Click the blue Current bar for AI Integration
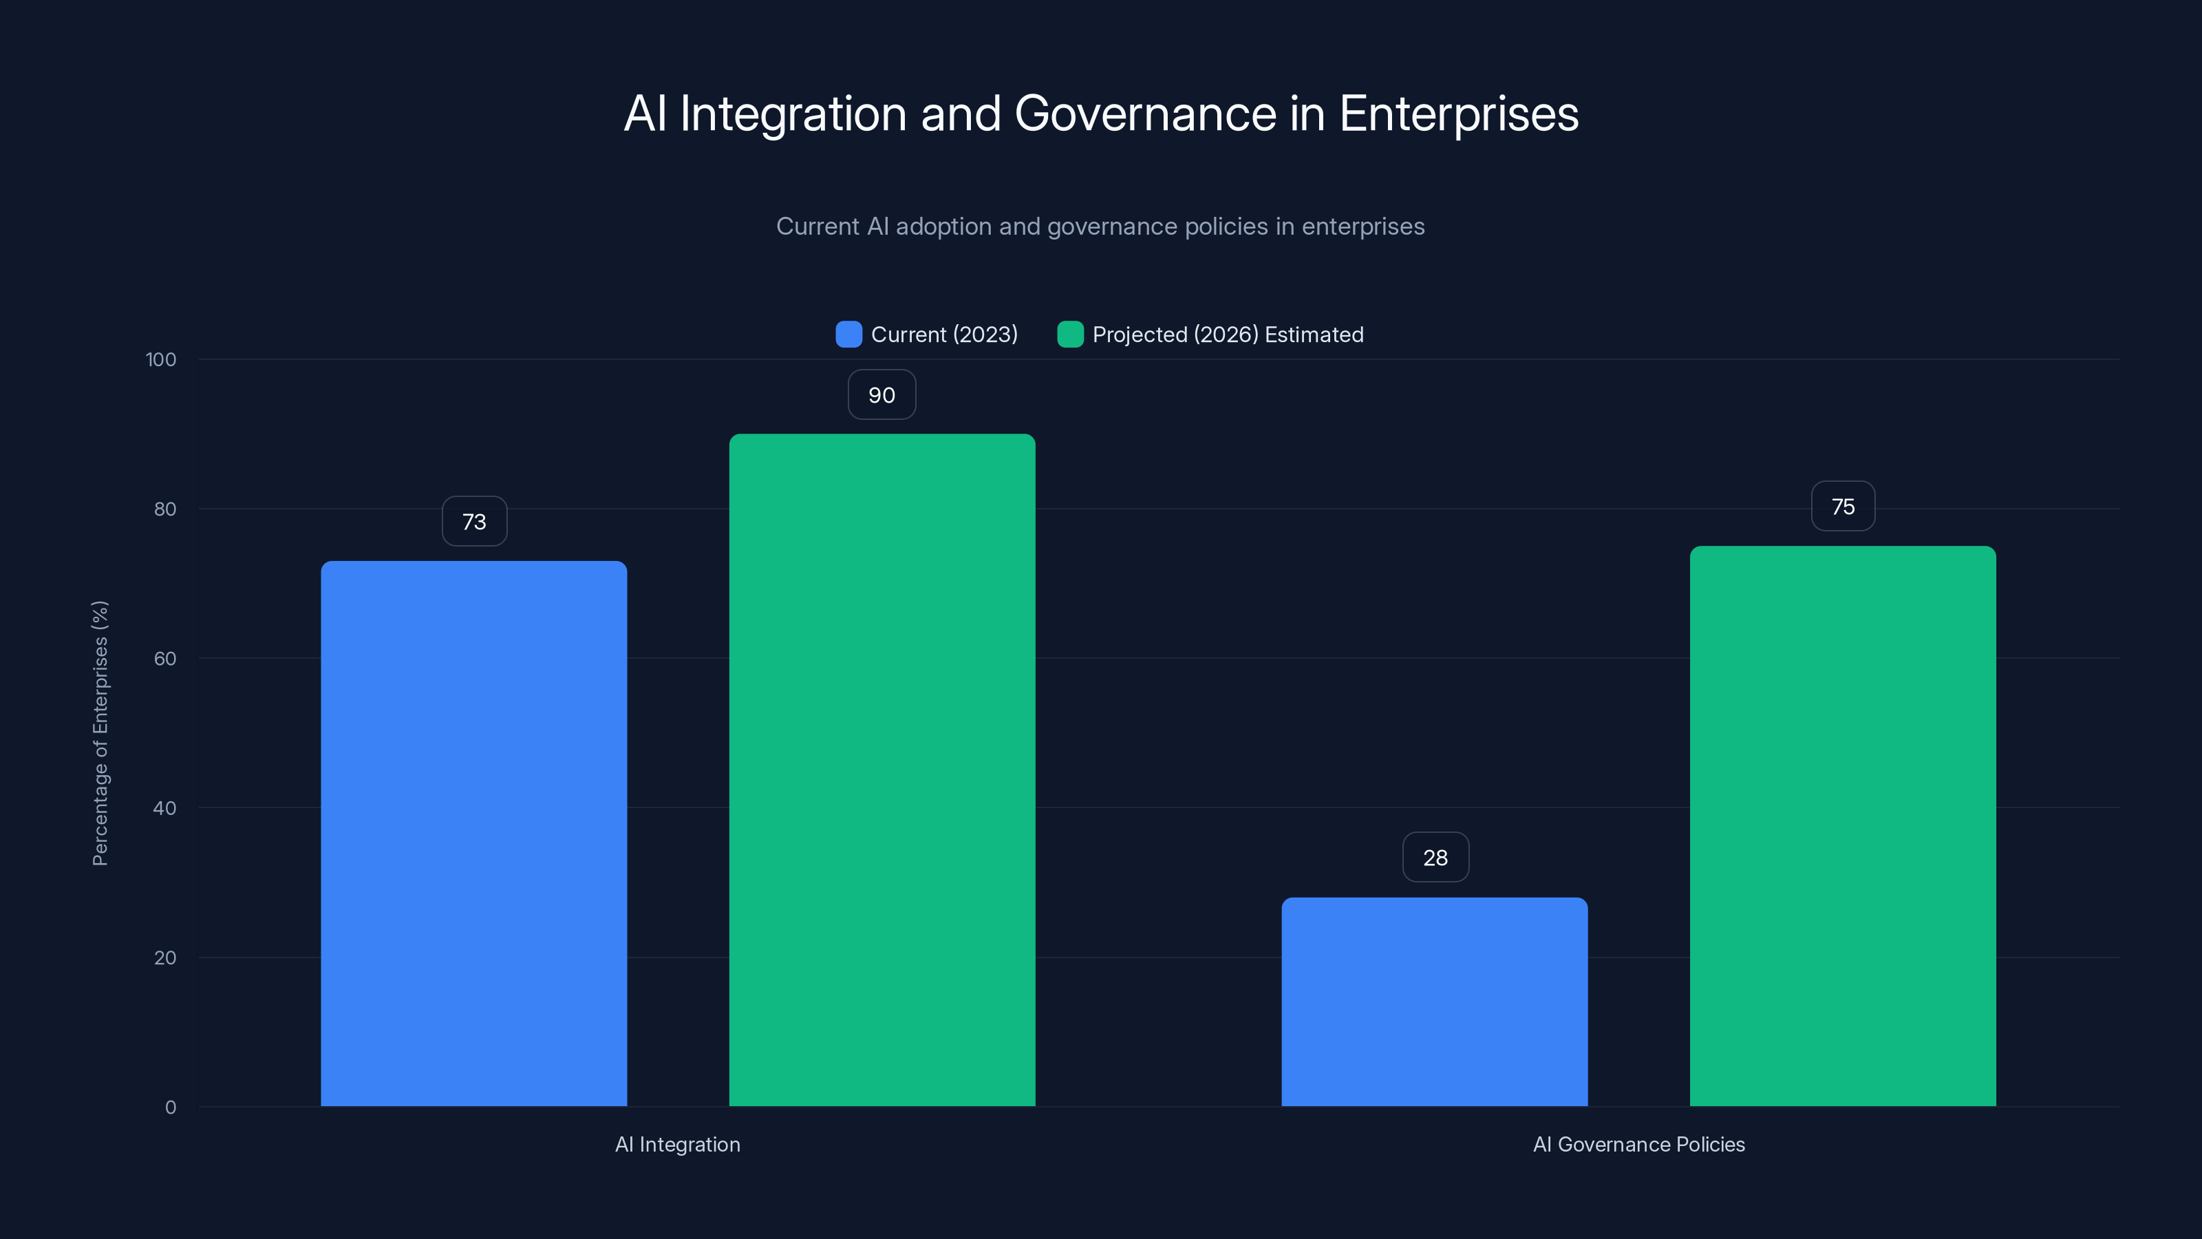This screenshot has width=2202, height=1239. [x=473, y=834]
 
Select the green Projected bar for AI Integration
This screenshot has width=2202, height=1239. [x=881, y=770]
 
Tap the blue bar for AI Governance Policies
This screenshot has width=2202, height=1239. [x=1434, y=1002]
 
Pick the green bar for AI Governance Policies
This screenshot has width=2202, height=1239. [x=1842, y=825]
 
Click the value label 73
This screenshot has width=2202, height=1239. [x=474, y=522]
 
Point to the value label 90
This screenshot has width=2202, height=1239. [x=881, y=395]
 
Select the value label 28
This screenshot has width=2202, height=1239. [x=1435, y=858]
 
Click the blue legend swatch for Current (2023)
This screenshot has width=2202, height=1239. [x=848, y=335]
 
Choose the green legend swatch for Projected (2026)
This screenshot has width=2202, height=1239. [x=1069, y=335]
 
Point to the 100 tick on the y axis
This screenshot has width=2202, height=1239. [x=161, y=359]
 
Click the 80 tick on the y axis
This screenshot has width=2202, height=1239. [x=164, y=509]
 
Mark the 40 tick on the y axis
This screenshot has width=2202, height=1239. [x=164, y=808]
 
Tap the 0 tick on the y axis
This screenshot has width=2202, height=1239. [x=170, y=1108]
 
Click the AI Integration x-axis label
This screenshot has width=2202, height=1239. [x=678, y=1144]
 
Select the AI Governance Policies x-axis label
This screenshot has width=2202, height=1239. [x=1638, y=1144]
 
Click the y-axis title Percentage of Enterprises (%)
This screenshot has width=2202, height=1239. [x=100, y=733]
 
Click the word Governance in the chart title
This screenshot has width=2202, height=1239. [x=1144, y=114]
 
